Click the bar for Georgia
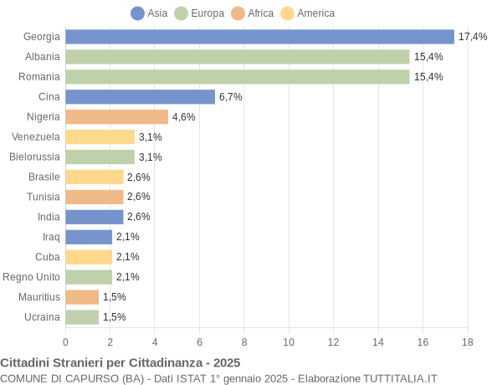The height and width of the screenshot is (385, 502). point(259,37)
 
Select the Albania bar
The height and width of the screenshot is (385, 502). point(237,57)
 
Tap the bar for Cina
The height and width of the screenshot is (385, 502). point(140,97)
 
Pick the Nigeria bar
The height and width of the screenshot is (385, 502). point(116,117)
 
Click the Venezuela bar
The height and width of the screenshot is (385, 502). point(100,136)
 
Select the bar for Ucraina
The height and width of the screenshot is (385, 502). point(82,317)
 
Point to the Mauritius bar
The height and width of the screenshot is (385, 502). point(82,297)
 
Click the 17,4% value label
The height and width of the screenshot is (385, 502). point(473,37)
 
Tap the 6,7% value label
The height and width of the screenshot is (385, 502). point(231,97)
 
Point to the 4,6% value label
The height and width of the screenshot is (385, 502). point(184,117)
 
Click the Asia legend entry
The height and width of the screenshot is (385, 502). point(149,13)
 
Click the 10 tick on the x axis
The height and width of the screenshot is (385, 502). point(289,341)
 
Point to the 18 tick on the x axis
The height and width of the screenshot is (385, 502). point(468,341)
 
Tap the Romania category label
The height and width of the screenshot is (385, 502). point(39,77)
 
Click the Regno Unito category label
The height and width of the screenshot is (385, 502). point(32,277)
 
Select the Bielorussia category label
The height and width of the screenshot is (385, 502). point(34,157)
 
